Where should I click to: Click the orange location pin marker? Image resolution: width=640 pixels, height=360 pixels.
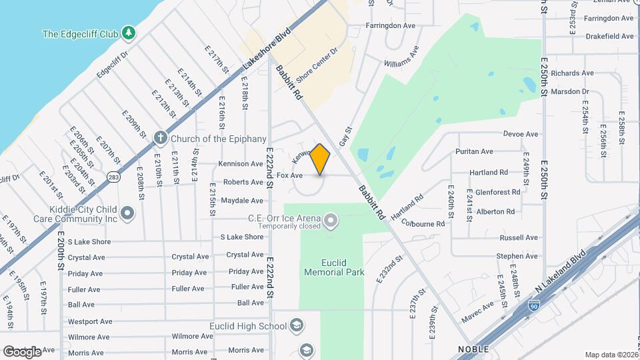(320, 159)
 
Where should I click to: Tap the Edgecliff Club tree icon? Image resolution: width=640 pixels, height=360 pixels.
(128, 33)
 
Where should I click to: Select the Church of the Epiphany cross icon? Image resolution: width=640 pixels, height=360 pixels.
(160, 138)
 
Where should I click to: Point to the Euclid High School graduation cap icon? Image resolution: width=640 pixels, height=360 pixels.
(297, 326)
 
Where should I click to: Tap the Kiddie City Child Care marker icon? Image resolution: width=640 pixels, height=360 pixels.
(128, 214)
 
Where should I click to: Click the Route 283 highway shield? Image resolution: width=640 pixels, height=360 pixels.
(112, 177)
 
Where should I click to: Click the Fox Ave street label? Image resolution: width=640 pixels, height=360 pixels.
(290, 175)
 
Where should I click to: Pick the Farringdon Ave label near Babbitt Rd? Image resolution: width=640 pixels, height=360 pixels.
(391, 25)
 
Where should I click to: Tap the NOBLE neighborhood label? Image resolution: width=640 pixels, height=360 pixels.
(473, 349)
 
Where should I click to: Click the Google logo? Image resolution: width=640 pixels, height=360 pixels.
(22, 351)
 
